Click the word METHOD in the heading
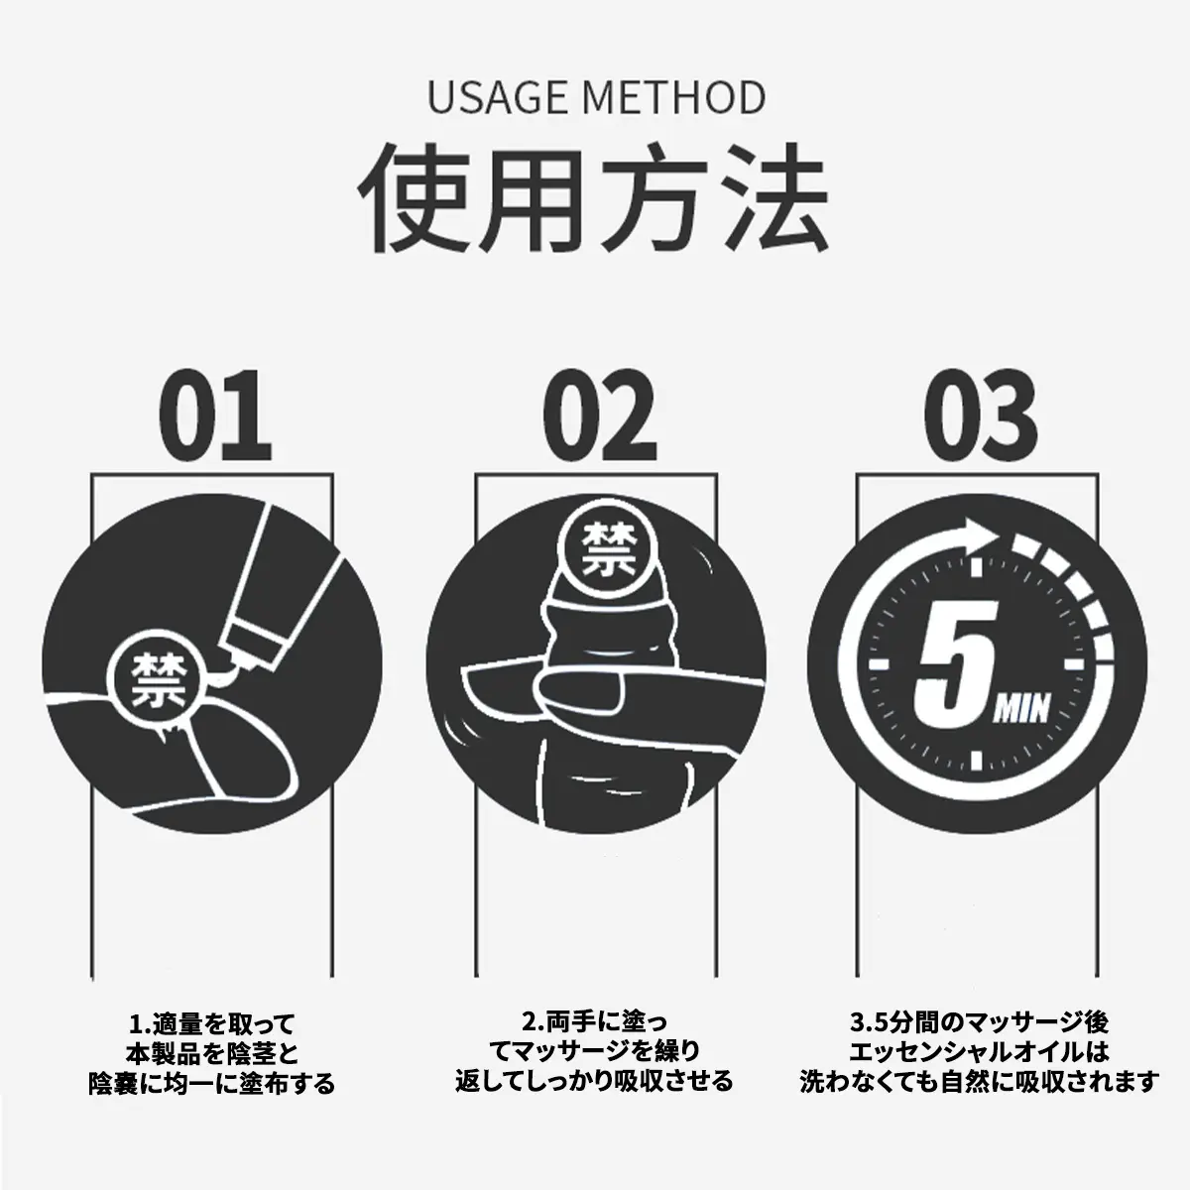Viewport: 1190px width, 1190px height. click(x=673, y=97)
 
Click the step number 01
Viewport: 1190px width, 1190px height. click(x=215, y=416)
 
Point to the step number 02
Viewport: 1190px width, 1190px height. click(x=600, y=416)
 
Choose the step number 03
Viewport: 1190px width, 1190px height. click(x=981, y=416)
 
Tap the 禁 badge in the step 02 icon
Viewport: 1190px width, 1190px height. click(x=602, y=549)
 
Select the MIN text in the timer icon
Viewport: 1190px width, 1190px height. click(x=1020, y=710)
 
